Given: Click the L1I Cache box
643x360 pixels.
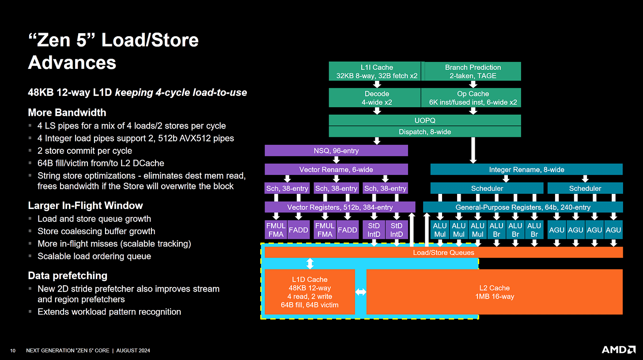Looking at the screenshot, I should click(376, 71).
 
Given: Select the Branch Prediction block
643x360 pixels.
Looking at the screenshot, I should click(473, 71).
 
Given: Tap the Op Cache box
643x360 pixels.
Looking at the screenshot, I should click(473, 98).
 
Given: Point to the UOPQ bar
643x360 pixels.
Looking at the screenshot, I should click(424, 120).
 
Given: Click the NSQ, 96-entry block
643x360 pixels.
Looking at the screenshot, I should click(336, 151).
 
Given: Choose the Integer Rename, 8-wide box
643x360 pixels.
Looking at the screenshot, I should click(526, 170).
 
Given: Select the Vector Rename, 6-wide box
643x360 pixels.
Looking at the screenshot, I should click(336, 170).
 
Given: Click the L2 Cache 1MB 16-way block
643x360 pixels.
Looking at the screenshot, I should click(494, 292).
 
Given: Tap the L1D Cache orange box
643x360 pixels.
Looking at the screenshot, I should click(310, 292).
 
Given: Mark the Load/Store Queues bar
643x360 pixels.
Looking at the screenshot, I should click(443, 253).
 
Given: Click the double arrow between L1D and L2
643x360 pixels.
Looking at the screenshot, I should click(361, 292).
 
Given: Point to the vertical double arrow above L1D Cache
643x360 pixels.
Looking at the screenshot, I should click(310, 264).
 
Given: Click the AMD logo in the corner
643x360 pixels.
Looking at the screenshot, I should click(618, 350).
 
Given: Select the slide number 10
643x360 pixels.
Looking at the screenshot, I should click(13, 351).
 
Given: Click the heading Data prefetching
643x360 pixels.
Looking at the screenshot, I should click(68, 276).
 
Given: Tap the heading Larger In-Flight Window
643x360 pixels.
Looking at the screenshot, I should click(85, 205).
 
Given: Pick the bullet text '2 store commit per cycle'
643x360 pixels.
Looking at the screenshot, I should click(84, 151).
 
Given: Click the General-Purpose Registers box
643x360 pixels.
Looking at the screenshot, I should click(522, 207).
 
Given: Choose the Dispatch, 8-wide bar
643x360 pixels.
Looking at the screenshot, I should click(424, 132).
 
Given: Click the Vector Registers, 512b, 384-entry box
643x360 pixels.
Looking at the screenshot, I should click(340, 207).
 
